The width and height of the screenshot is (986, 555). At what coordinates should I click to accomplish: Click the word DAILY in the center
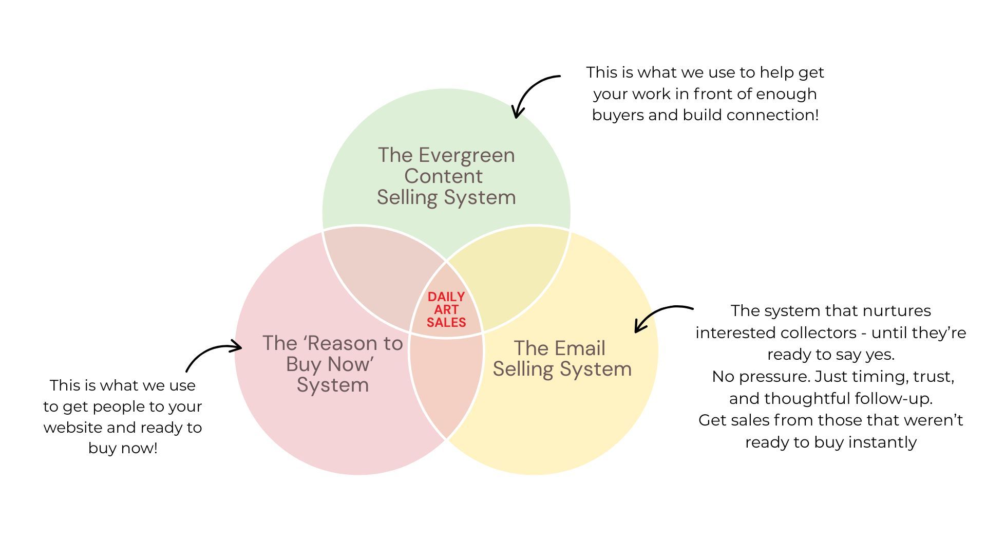(x=446, y=297)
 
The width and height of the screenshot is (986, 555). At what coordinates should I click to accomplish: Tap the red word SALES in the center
(x=446, y=323)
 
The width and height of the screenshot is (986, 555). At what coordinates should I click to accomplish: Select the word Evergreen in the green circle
(x=466, y=155)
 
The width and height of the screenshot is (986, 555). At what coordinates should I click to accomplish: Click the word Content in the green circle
(x=443, y=176)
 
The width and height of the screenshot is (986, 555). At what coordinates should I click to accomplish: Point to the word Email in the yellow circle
(x=581, y=348)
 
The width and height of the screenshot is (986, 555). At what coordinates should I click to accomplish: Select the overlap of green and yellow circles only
(x=514, y=272)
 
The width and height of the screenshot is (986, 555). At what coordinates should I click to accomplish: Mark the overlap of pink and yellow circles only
(x=446, y=385)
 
